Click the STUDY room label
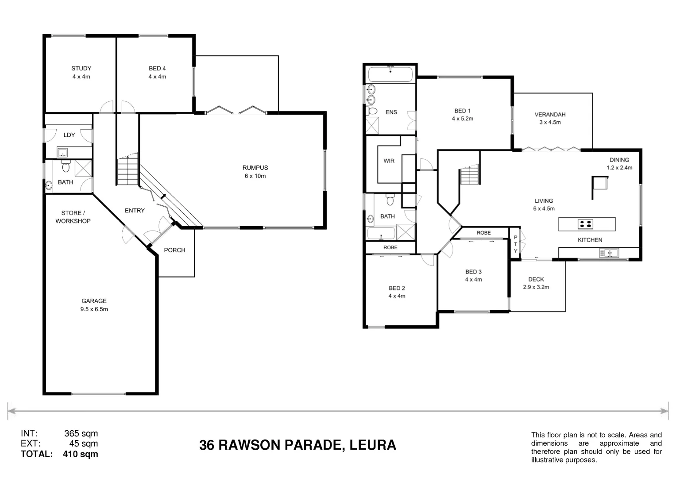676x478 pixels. [81, 69]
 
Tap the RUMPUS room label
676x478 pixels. [255, 168]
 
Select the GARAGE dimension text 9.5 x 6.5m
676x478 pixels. [94, 309]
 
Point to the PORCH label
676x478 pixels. [174, 250]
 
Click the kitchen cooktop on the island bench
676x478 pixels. [585, 224]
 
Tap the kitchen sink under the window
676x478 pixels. [609, 253]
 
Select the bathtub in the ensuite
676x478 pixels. [390, 73]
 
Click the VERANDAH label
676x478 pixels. [550, 115]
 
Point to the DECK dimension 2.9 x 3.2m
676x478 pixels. [536, 287]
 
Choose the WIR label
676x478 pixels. [389, 161]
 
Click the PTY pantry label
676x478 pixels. [515, 244]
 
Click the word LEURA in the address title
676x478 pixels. [372, 445]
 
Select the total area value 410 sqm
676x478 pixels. [81, 454]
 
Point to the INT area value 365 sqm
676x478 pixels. [81, 433]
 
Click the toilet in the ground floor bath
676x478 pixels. [66, 167]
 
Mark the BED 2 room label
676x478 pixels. [397, 288]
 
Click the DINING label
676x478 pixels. [619, 160]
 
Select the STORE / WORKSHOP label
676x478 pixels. [73, 217]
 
